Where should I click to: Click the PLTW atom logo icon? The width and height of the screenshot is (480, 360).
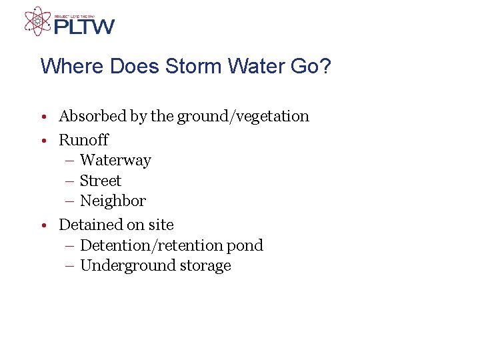(37, 21)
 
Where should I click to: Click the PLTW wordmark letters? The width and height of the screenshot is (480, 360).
(84, 27)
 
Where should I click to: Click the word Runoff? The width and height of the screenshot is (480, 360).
(83, 140)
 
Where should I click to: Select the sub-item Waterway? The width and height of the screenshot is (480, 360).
(115, 161)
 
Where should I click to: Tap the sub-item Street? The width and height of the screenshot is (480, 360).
(101, 181)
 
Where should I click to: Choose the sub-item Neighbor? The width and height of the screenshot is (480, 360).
(113, 201)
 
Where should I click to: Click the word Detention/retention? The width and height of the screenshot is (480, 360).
(151, 245)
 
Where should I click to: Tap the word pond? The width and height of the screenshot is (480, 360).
(245, 245)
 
